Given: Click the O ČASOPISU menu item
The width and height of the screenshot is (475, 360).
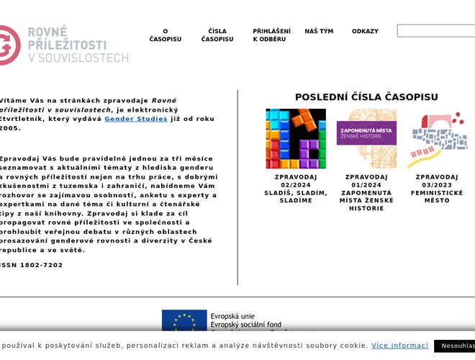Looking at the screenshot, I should [165, 35].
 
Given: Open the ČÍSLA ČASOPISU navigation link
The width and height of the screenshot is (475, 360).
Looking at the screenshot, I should [217, 35].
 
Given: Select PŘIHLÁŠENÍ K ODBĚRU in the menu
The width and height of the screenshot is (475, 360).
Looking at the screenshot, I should [271, 35].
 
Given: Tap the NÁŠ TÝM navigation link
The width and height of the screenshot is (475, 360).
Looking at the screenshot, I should [319, 32].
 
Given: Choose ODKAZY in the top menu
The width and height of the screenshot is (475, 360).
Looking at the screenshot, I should [365, 32].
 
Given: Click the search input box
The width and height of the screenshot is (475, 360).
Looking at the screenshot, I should [436, 31].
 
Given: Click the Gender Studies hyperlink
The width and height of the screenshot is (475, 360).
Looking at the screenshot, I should [136, 119].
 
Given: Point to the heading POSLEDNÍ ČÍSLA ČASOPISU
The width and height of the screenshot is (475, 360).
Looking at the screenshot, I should [366, 97].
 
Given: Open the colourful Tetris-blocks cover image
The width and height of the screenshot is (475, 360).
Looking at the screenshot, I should [296, 139].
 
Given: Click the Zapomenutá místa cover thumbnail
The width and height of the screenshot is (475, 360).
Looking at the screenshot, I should [366, 139].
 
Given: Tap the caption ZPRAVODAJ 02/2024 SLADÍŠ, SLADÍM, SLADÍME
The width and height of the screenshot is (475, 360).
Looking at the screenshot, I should [296, 189].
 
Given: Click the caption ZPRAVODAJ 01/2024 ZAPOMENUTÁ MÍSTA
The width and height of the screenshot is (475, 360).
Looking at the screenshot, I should [366, 192].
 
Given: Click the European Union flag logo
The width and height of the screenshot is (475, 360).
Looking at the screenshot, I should [184, 320].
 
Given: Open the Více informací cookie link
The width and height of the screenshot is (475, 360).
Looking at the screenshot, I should [399, 346].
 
